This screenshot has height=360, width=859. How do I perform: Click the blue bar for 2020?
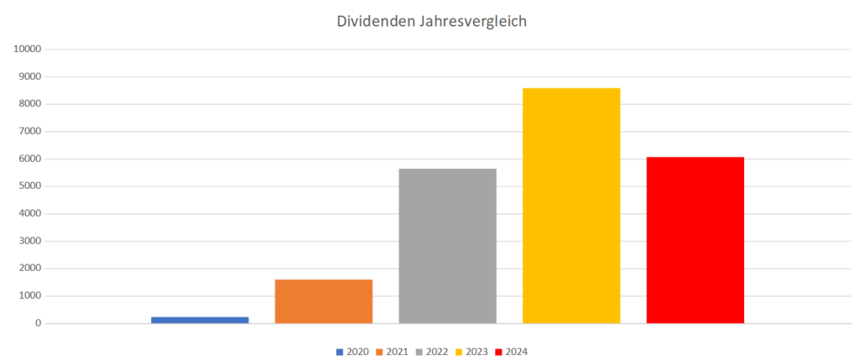pyautogui.click(x=200, y=320)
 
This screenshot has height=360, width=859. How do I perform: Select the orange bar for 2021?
pyautogui.click(x=324, y=301)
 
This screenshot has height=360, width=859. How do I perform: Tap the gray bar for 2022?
pyautogui.click(x=447, y=246)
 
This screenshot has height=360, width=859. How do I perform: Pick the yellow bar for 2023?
pyautogui.click(x=571, y=206)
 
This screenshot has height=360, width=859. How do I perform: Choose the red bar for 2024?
pyautogui.click(x=695, y=240)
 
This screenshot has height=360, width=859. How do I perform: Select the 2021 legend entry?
pyautogui.click(x=392, y=352)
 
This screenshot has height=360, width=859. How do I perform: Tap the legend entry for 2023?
pyautogui.click(x=471, y=352)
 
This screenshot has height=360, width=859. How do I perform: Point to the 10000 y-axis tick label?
pyautogui.click(x=28, y=50)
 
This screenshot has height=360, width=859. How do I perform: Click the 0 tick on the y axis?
pyautogui.click(x=38, y=323)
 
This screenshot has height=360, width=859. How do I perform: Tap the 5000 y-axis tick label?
pyautogui.click(x=29, y=186)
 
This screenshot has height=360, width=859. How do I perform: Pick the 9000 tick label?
pyautogui.click(x=29, y=77)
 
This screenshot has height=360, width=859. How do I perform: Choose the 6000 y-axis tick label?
pyautogui.click(x=29, y=159)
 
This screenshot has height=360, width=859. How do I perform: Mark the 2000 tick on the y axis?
pyautogui.click(x=29, y=269)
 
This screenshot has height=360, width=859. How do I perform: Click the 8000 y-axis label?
pyautogui.click(x=29, y=104)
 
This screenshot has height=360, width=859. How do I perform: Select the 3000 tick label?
pyautogui.click(x=29, y=241)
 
